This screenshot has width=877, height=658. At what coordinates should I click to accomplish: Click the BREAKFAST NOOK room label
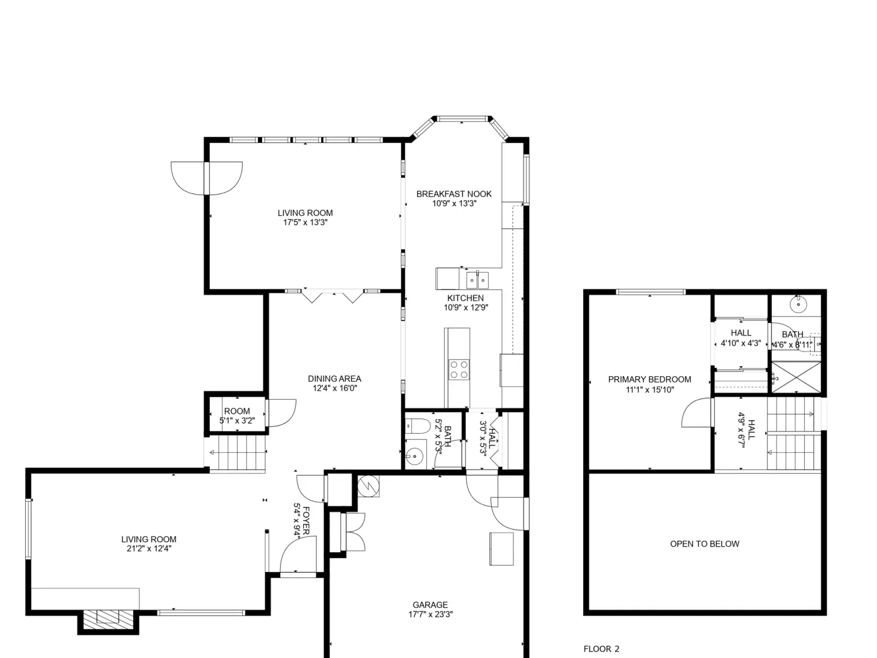click(454, 194)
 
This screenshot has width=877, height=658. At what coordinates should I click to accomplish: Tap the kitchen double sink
click(477, 280)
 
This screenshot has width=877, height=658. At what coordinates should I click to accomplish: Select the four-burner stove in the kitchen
click(459, 370)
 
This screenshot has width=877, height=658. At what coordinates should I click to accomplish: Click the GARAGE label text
click(430, 605)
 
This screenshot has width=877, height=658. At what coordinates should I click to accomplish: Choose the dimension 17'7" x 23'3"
click(430, 615)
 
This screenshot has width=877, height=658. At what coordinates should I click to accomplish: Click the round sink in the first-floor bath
click(415, 456)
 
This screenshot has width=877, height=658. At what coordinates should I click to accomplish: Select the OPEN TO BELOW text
click(704, 544)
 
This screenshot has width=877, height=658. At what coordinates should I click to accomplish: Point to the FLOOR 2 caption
click(601, 649)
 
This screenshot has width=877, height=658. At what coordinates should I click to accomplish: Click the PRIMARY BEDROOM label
click(650, 379)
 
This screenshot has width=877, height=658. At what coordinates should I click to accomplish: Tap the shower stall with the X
click(795, 377)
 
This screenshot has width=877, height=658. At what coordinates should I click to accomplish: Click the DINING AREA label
click(334, 379)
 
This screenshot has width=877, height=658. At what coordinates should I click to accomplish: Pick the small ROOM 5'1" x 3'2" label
click(237, 416)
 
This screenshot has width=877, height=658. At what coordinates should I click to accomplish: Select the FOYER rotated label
click(306, 520)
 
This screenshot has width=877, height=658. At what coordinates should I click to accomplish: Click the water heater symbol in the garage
click(368, 486)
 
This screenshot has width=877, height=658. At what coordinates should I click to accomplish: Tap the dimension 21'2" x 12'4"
click(149, 548)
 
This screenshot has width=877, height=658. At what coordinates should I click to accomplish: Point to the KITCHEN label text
click(465, 298)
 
